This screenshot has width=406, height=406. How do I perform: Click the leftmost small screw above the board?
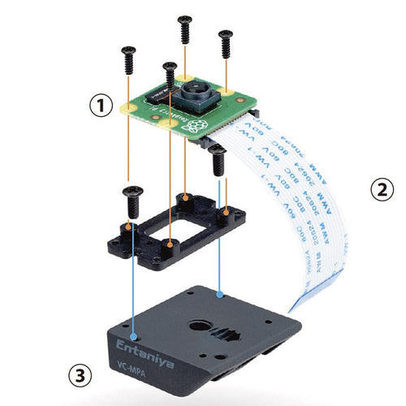[x=127, y=56]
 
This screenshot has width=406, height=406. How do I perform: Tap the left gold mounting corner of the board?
[x=128, y=105]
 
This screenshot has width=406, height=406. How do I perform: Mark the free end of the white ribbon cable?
[x=304, y=300]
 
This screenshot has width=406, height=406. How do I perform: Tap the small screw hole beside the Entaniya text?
[x=136, y=333]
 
